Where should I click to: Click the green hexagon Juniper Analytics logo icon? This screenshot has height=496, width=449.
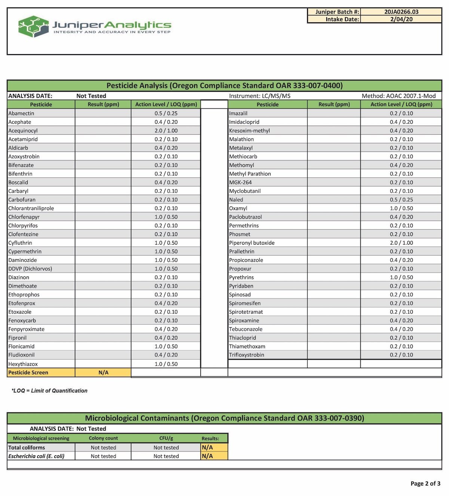tap(33, 26)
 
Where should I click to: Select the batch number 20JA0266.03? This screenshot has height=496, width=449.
tap(401, 12)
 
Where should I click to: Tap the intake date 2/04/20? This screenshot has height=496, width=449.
tap(401, 19)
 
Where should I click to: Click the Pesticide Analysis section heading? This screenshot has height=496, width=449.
tap(224, 85)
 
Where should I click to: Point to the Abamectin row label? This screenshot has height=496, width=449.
tap(21, 113)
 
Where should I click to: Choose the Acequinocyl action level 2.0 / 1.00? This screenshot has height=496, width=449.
tap(166, 131)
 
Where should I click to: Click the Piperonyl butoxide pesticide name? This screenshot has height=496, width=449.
tap(252, 243)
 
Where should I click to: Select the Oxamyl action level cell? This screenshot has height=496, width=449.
tap(401, 208)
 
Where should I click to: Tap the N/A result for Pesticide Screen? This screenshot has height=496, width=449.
tap(103, 373)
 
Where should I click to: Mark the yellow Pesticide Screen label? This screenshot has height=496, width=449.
tap(28, 373)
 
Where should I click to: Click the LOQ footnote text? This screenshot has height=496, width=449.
tap(49, 391)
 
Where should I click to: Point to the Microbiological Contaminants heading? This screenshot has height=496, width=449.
tap(224, 418)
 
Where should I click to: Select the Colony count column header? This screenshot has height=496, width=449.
tap(103, 438)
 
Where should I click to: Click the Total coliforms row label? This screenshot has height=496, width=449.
tap(27, 447)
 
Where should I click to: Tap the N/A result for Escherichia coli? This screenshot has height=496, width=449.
tap(207, 456)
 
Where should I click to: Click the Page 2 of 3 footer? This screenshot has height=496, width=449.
tap(425, 483)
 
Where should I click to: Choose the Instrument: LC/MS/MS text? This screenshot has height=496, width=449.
tap(260, 96)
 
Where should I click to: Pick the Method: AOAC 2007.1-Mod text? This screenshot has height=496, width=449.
tap(398, 96)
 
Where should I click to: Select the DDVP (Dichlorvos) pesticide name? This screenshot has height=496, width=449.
tap(30, 269)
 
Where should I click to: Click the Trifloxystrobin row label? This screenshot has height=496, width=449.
tap(247, 355)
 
